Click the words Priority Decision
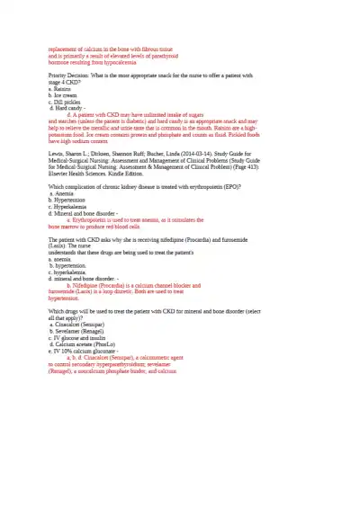click(68, 77)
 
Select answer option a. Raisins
click(60, 90)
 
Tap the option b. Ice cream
click(63, 96)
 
